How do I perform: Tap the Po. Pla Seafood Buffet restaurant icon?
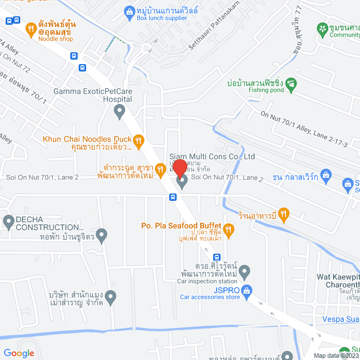(x=228, y=229)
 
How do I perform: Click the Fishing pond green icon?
(x=291, y=85)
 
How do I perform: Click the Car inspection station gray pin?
(x=244, y=273)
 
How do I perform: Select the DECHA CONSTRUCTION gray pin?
(x=8, y=222)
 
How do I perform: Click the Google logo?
(x=19, y=353)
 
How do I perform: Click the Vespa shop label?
(x=341, y=320)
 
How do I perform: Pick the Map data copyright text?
(x=336, y=355)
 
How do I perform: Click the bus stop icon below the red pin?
(x=173, y=197)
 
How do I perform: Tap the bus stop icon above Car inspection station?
(x=209, y=257)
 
